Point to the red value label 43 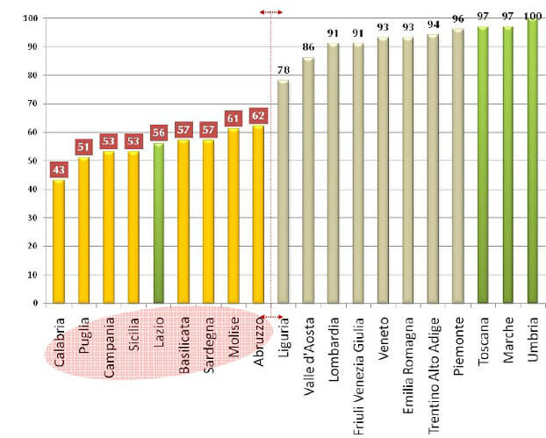(x=59, y=169)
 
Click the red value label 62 (x=258, y=115)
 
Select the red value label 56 (x=158, y=133)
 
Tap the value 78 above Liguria (x=283, y=71)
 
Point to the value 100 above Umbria (x=532, y=16)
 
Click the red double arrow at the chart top (x=271, y=12)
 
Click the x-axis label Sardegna (x=208, y=345)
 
